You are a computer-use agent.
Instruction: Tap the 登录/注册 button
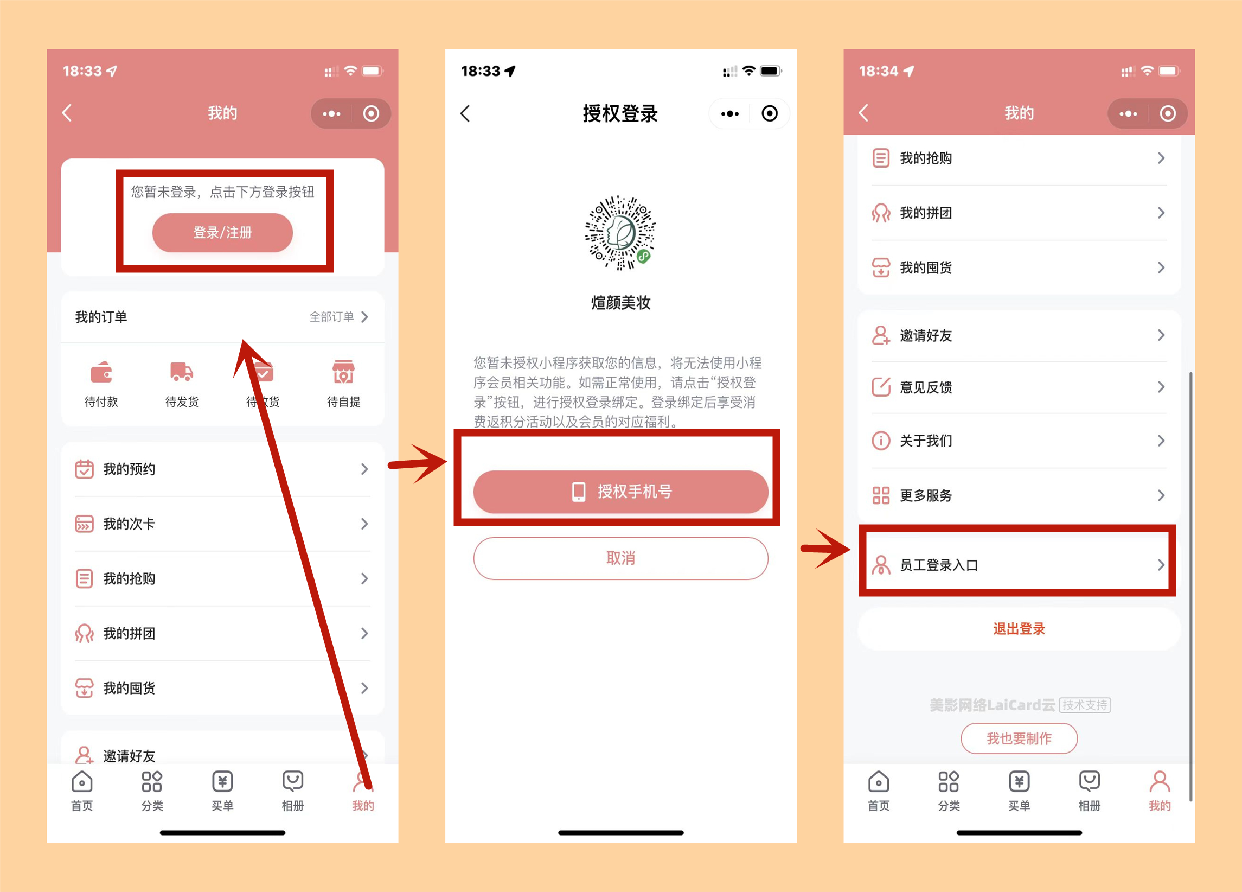click(x=222, y=233)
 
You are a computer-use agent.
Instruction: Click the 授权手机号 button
click(x=620, y=492)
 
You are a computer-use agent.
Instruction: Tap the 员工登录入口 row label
click(x=939, y=565)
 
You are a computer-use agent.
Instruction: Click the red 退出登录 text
click(x=1019, y=628)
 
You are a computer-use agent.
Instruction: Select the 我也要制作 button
click(x=1019, y=738)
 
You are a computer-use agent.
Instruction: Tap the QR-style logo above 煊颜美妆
click(x=620, y=233)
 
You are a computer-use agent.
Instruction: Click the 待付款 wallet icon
click(x=101, y=372)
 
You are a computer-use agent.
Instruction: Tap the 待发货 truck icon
click(x=182, y=372)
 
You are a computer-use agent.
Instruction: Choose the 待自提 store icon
click(x=343, y=372)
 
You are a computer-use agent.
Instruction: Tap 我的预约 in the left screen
click(x=129, y=469)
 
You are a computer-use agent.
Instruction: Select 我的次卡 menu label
click(x=129, y=524)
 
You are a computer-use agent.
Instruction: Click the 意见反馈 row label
click(x=926, y=387)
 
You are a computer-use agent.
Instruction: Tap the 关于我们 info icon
click(x=881, y=441)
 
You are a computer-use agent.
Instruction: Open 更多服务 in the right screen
click(x=926, y=495)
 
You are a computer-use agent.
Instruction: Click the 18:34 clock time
click(x=879, y=71)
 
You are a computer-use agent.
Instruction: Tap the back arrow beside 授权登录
click(x=465, y=113)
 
